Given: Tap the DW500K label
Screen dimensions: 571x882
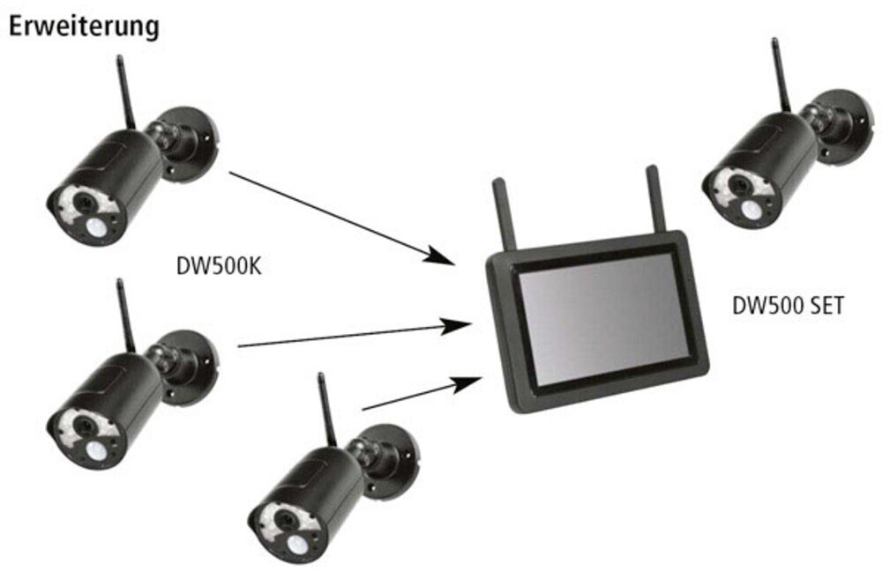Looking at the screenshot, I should pos(220,265).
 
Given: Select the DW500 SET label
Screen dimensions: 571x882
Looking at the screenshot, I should pos(789,307).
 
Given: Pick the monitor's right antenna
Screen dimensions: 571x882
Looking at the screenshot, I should pos(654,197).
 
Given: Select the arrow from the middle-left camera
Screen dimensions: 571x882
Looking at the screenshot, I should pos(353,335).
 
